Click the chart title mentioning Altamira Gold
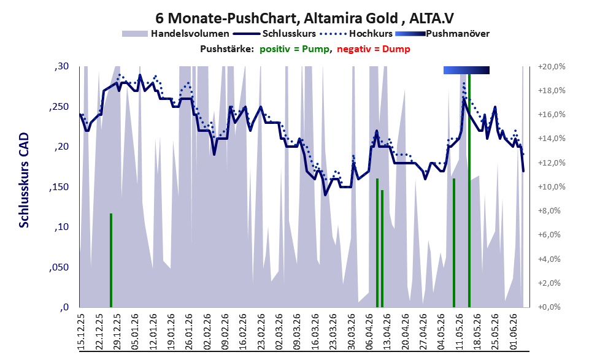(304, 18)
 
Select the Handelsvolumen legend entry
(175, 34)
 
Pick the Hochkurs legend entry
(356, 34)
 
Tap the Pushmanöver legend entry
(442, 34)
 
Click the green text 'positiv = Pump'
(295, 49)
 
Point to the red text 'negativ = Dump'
(374, 49)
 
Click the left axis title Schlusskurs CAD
(24, 180)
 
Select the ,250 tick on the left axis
(59, 107)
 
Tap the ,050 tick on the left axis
(59, 267)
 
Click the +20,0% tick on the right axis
(552, 67)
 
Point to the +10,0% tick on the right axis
(552, 187)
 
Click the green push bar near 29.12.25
(111, 260)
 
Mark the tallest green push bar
(469, 190)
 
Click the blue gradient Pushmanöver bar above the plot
(466, 70)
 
